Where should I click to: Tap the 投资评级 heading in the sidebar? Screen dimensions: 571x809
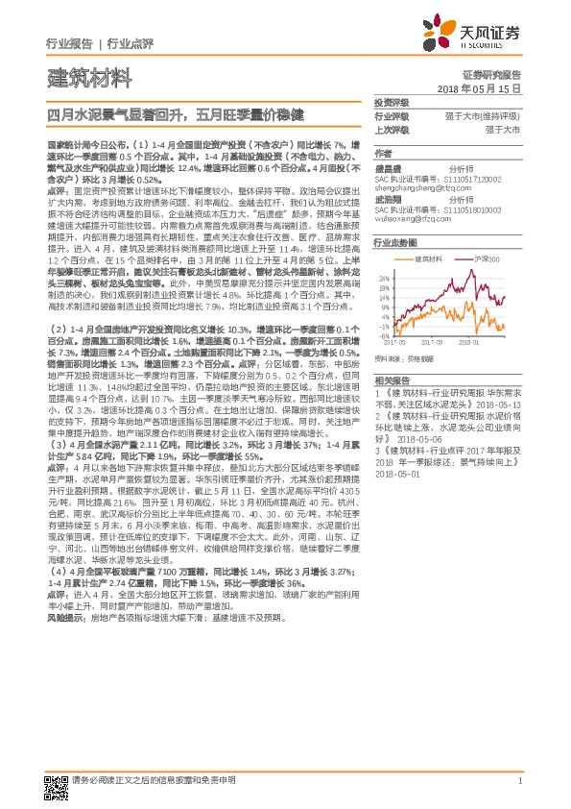point(392,102)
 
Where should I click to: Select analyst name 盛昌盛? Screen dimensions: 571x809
point(389,168)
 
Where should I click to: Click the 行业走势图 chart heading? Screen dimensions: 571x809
point(394,245)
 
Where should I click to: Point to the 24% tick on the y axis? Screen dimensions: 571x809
point(383,279)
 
